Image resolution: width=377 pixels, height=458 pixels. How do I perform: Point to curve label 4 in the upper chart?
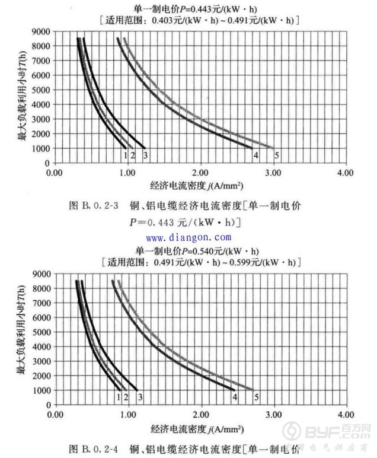(255, 155)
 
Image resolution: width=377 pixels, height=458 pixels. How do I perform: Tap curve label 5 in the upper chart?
(276, 155)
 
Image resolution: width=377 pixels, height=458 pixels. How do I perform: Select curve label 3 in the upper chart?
(144, 155)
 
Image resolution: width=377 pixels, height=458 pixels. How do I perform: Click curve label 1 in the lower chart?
(119, 396)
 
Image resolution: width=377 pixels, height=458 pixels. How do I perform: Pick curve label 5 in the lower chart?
(256, 396)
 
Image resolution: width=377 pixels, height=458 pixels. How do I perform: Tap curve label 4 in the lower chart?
(235, 396)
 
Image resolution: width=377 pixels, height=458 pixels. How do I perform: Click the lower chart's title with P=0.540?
(198, 250)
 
